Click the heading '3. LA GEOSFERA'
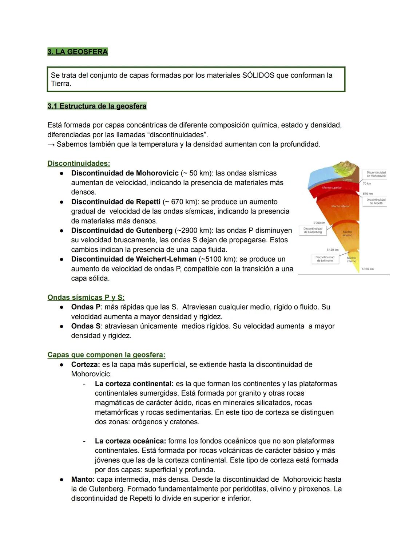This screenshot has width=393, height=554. coord(78,52)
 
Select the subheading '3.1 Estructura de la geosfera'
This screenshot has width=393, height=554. coord(97,106)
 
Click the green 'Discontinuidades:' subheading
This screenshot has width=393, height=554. coord(79,163)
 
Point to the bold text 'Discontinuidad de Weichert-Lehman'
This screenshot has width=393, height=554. coord(134,259)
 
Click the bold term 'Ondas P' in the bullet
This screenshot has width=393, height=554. coord(86,307)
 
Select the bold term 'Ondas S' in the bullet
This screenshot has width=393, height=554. coord(86,326)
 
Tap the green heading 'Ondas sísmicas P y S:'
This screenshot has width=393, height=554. coord(86,298)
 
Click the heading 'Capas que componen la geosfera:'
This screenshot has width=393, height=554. coord(106,355)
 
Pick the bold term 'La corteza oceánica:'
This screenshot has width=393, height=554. coord(130,441)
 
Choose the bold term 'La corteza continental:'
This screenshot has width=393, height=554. coord(134,384)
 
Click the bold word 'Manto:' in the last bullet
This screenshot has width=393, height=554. coord(83,480)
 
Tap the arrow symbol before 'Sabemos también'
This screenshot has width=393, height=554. coord(51,145)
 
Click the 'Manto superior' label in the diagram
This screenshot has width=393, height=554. coord(332,188)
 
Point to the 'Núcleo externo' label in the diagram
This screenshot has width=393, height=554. coord(347,233)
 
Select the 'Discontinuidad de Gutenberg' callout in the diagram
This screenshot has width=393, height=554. coord(313,230)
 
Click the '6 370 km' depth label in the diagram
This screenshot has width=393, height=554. coord(368,269)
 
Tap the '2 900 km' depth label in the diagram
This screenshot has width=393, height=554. coord(319,223)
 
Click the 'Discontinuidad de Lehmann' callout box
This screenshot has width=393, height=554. coord(325,259)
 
